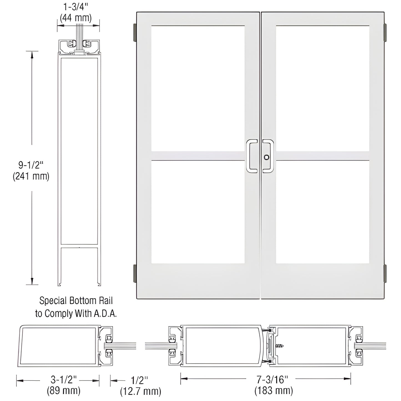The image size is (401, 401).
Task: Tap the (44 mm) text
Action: pyautogui.click(x=76, y=18)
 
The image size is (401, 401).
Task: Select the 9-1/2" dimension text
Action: pyautogui.click(x=31, y=165)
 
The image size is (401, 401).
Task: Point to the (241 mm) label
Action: pyautogui.click(x=31, y=176)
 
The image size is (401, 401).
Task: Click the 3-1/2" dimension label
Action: pyautogui.click(x=64, y=379)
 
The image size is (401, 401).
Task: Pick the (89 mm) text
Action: pyautogui.click(x=64, y=390)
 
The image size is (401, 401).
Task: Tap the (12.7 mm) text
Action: pyautogui.click(x=140, y=391)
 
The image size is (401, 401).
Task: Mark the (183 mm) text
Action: pyautogui.click(x=273, y=390)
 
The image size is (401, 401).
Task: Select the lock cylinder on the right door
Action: pyautogui.click(x=267, y=157)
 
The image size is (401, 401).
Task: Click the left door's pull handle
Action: pyautogui.click(x=252, y=156)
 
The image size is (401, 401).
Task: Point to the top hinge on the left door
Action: pyautogui.click(x=135, y=31)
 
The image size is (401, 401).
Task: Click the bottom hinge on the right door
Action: pyautogui.click(x=385, y=272)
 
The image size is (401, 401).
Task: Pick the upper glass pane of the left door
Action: pyautogui.click(x=198, y=88)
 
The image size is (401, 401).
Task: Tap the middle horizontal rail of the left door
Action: pyautogui.click(x=198, y=156)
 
